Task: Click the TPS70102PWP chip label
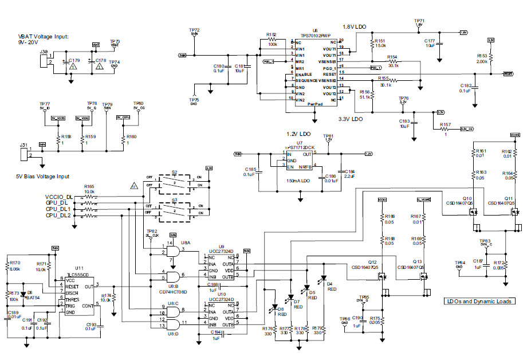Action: coord(315,35)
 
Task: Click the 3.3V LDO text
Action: coord(350,119)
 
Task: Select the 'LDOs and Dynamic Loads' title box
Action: coord(479,301)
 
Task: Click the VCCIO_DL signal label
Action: coord(59,197)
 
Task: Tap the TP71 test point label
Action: coord(419,20)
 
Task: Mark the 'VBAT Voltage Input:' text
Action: coord(43,36)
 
